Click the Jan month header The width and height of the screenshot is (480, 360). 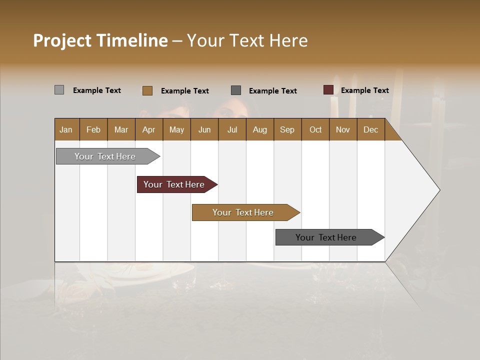pyautogui.click(x=66, y=129)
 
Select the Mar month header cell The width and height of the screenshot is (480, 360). pyautogui.click(x=121, y=129)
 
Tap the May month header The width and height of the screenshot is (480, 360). pyautogui.click(x=176, y=129)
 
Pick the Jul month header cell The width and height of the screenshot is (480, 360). pyautogui.click(x=232, y=129)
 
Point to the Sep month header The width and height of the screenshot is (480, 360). pyautogui.click(x=287, y=129)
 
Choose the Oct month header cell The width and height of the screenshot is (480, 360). pyautogui.click(x=315, y=129)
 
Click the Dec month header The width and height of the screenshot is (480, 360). pyautogui.click(x=370, y=129)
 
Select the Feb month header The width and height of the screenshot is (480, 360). pyautogui.click(x=93, y=129)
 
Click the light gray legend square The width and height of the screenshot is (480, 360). pyautogui.click(x=59, y=90)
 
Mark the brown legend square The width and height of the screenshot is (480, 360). pyautogui.click(x=147, y=90)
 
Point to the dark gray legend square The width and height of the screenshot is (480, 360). pyautogui.click(x=236, y=90)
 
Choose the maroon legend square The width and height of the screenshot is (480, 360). pyautogui.click(x=328, y=90)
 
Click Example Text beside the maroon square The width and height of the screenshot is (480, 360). pyautogui.click(x=364, y=90)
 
